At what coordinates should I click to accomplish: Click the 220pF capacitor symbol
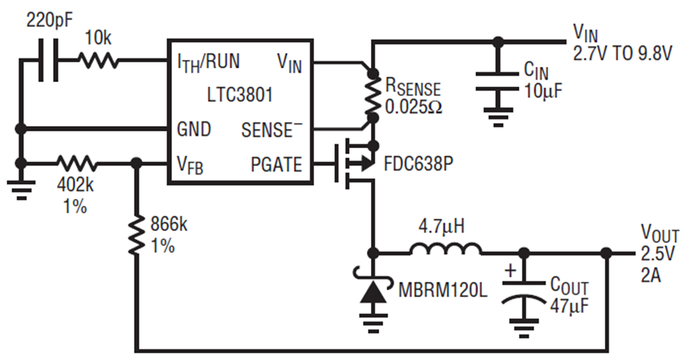click(49, 60)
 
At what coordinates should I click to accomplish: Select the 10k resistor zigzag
click(98, 60)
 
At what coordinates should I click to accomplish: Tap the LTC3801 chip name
click(240, 94)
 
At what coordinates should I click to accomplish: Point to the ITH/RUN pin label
click(208, 62)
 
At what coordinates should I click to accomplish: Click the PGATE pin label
click(276, 164)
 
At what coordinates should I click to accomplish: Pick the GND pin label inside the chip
click(194, 129)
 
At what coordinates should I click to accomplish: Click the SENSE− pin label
click(272, 129)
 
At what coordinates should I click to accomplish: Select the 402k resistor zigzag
click(76, 163)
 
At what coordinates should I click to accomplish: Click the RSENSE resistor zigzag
click(372, 95)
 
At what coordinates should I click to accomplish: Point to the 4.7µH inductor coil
click(445, 248)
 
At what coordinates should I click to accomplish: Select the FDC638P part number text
click(418, 164)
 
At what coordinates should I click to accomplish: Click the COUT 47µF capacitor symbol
click(524, 292)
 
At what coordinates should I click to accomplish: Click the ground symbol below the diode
click(373, 322)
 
